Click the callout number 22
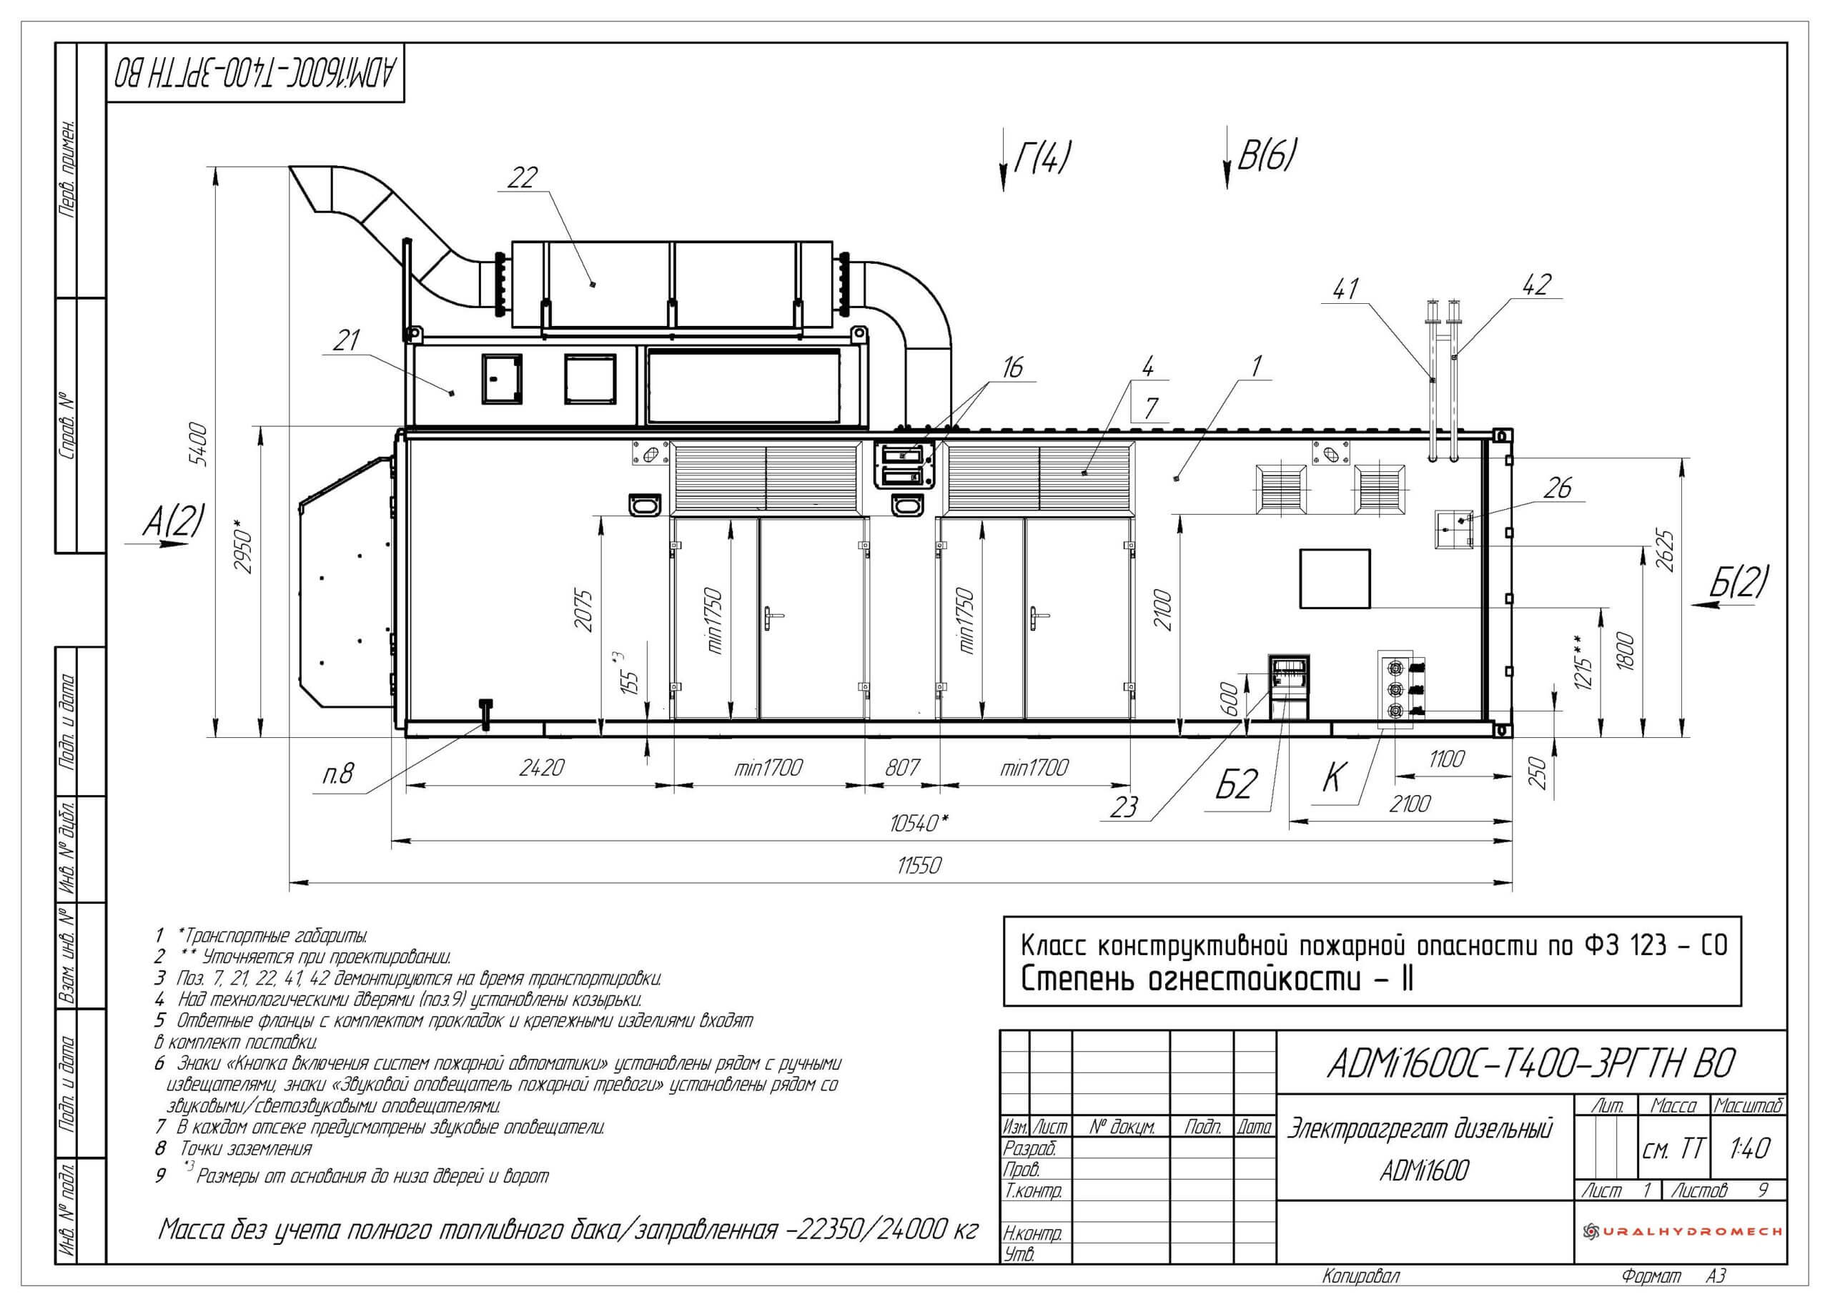click(x=523, y=179)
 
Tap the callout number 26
click(x=1558, y=488)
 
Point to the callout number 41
click(x=1345, y=288)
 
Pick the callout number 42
click(x=1536, y=284)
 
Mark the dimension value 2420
click(x=540, y=768)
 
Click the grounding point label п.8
click(x=338, y=774)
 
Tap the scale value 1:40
click(x=1749, y=1147)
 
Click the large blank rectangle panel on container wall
click(x=1335, y=578)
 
